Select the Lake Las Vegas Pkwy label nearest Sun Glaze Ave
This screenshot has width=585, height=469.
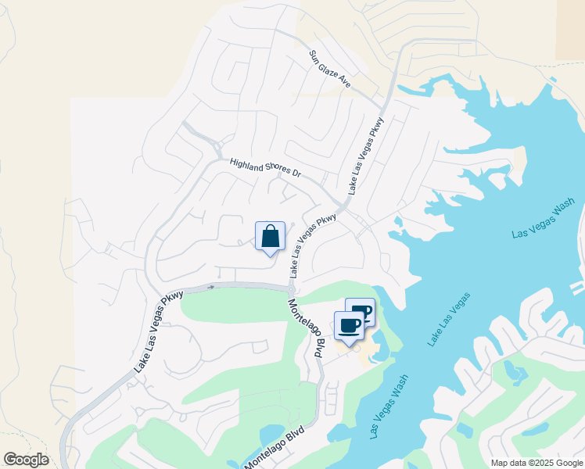[368, 156]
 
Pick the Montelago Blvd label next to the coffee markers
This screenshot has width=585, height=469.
[306, 328]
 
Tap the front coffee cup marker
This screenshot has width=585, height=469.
[349, 325]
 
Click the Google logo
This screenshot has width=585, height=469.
[26, 460]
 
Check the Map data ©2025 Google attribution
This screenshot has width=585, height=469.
[536, 463]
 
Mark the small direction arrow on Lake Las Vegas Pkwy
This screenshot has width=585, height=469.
[210, 288]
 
